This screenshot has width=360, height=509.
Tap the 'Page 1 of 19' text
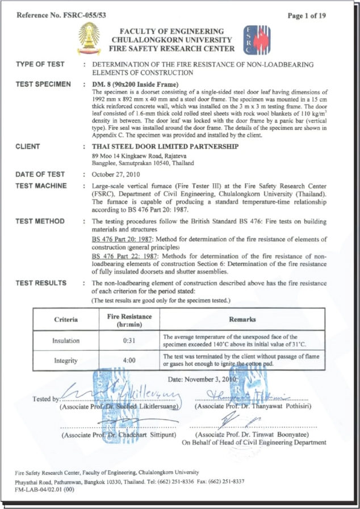[307, 15]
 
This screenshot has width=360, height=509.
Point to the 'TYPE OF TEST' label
[40, 65]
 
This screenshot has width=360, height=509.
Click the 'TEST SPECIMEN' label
[43, 84]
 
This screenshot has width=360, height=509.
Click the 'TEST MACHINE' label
[41, 186]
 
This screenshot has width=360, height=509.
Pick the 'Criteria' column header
[66, 319]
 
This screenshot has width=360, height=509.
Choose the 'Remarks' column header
[242, 319]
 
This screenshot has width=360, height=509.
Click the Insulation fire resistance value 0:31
[129, 340]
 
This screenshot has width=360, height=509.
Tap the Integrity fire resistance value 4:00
[129, 360]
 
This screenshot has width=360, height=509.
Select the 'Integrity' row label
[66, 360]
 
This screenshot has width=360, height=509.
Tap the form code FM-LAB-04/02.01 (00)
[45, 489]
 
